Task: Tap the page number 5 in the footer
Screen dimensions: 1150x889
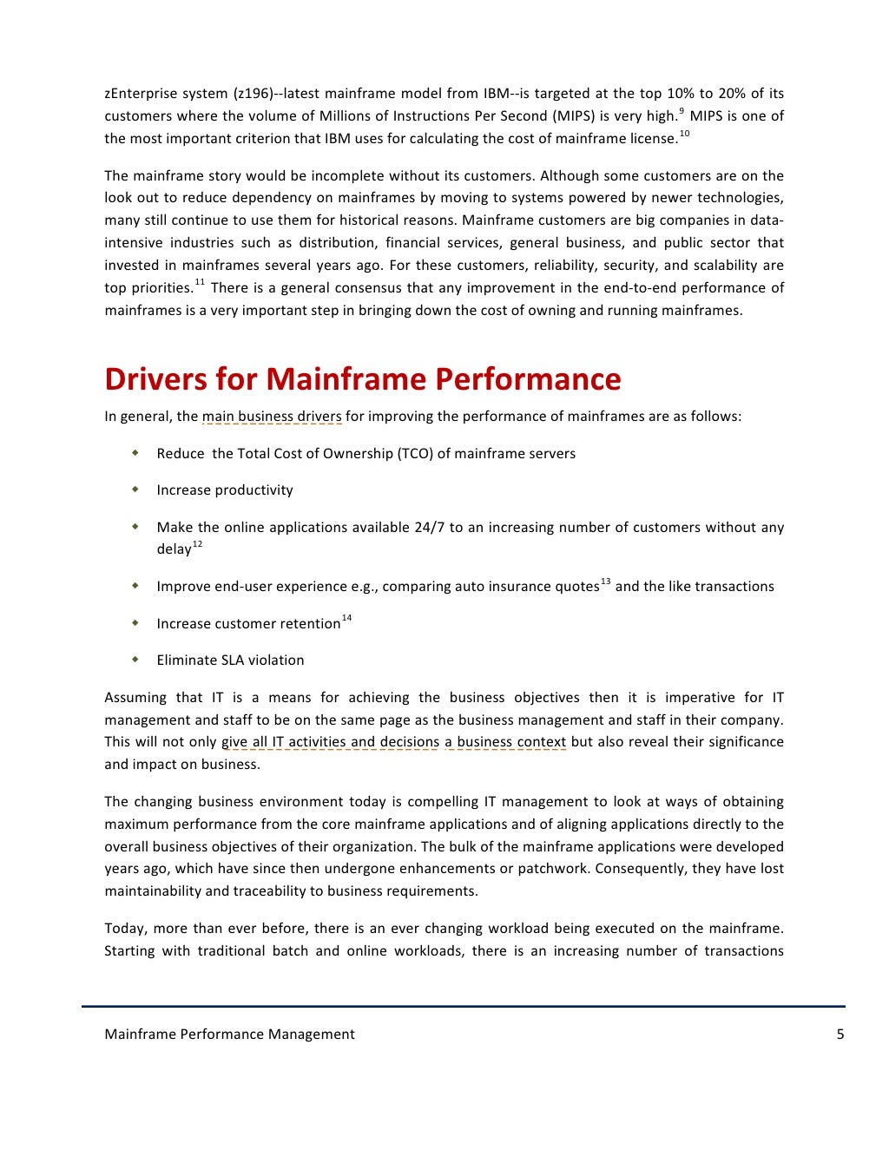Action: [840, 1034]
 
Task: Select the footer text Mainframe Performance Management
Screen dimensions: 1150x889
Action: [229, 1034]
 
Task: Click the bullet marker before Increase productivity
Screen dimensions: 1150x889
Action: [135, 490]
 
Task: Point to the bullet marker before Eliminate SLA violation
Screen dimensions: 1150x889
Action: [135, 660]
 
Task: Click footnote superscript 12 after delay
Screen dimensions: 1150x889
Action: [197, 544]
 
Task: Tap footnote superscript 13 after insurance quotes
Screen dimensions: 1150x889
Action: [605, 581]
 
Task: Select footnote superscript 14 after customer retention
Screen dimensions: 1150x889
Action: [346, 618]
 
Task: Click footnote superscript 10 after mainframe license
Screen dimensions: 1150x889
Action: [684, 133]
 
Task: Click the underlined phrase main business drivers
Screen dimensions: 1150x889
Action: [272, 417]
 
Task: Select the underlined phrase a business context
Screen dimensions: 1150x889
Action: [505, 742]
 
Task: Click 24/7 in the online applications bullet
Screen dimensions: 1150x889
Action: [430, 527]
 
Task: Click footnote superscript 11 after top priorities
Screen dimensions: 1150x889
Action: [200, 282]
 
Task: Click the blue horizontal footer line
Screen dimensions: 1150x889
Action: [464, 1006]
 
